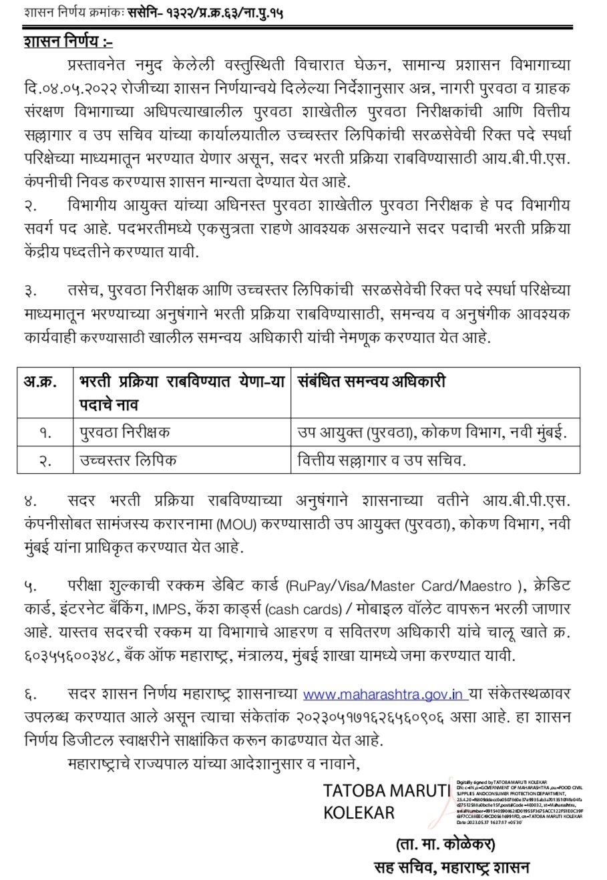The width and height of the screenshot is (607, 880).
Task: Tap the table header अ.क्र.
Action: pos(41,383)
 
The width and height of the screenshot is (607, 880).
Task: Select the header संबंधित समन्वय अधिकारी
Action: pos(371,382)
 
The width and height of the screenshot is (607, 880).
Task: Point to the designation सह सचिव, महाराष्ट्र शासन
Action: pos(451,867)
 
